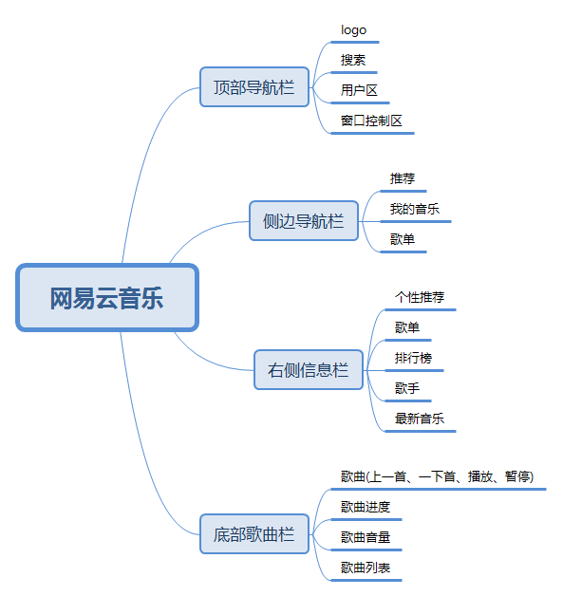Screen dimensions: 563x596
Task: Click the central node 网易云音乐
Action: (x=107, y=298)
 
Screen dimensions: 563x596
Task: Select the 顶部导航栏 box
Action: (x=254, y=87)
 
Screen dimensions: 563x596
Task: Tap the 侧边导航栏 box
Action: (x=304, y=221)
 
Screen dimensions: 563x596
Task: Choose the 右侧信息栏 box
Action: (x=309, y=370)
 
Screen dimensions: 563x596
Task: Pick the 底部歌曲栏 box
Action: (x=254, y=534)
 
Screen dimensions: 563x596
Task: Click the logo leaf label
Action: (x=353, y=30)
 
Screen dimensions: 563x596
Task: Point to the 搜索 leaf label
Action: (x=353, y=60)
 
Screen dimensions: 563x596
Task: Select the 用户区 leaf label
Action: (x=359, y=90)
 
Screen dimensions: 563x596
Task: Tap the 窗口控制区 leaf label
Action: (x=371, y=121)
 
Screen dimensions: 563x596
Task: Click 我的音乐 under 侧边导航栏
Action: (x=415, y=209)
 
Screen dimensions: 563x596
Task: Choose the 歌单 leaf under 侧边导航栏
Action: (x=403, y=239)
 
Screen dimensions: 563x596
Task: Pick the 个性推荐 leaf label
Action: (x=420, y=297)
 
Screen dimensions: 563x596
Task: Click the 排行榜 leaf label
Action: (x=414, y=358)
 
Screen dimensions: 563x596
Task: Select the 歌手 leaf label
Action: (x=407, y=388)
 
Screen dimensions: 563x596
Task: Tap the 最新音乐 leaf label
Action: (x=420, y=419)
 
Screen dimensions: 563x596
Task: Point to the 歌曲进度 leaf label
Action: (x=366, y=507)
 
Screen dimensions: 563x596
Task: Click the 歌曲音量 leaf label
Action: (x=366, y=537)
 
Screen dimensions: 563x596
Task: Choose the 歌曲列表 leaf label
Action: (x=366, y=568)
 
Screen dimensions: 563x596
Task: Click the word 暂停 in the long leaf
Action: (x=517, y=476)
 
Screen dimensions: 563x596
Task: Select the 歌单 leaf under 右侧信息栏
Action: (x=407, y=327)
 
